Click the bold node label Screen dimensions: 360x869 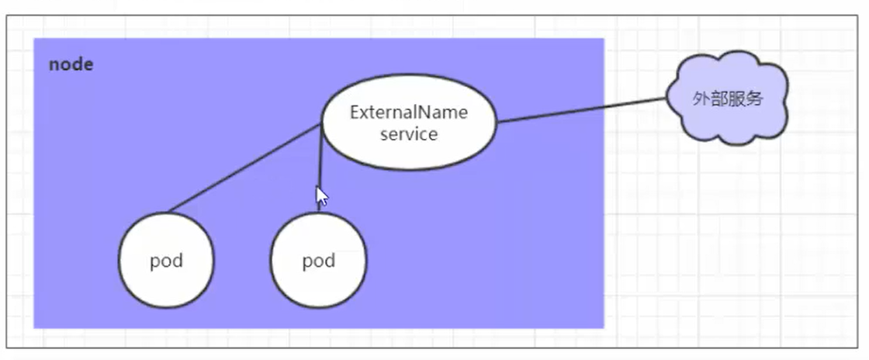(x=71, y=64)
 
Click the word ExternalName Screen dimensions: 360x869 (x=409, y=112)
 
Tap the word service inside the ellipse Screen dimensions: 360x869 (x=409, y=133)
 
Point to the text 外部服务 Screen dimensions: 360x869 (x=727, y=99)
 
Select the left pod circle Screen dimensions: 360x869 (x=166, y=260)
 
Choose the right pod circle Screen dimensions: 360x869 (x=318, y=260)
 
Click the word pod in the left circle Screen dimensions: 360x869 (x=166, y=261)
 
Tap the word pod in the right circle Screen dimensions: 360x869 (x=318, y=261)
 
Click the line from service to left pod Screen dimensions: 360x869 (x=244, y=168)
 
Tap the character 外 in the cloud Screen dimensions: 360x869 (x=701, y=99)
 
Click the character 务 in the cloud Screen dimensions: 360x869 (x=753, y=99)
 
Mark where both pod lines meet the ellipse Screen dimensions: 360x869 (x=322, y=125)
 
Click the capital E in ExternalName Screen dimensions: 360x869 (x=355, y=112)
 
